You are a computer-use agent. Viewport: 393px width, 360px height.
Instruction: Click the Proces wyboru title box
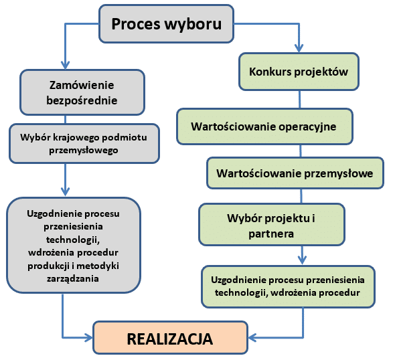coord(167,24)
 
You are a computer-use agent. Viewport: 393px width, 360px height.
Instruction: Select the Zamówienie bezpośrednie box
coord(82,92)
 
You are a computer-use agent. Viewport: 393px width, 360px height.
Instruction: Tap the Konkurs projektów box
coord(299,72)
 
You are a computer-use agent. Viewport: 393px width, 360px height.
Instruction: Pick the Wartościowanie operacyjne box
coord(264,126)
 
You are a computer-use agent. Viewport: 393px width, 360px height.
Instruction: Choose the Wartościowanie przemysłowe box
coord(295,173)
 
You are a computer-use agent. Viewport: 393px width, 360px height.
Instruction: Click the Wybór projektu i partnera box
coord(272,225)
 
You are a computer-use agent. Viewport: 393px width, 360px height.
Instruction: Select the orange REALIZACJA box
coord(170,338)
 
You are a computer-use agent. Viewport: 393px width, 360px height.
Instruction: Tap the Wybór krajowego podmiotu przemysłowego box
coord(84,144)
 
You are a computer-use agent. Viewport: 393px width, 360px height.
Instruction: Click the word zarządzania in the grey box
coord(73,278)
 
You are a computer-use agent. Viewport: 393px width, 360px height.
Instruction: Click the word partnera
coord(271,234)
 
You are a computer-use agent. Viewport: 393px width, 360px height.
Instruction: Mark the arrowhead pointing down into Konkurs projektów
coord(299,48)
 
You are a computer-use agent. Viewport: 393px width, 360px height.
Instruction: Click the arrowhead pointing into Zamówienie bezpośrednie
coord(65,65)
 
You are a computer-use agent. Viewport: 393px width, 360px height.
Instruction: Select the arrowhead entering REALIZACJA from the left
coord(89,338)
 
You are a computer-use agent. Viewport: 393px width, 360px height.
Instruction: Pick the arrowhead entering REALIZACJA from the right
coord(252,338)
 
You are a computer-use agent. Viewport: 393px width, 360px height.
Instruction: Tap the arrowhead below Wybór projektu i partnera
coord(302,260)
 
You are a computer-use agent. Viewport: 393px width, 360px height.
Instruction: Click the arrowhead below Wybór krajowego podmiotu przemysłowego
coord(65,192)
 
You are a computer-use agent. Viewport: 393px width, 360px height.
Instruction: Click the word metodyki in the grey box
coord(98,266)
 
